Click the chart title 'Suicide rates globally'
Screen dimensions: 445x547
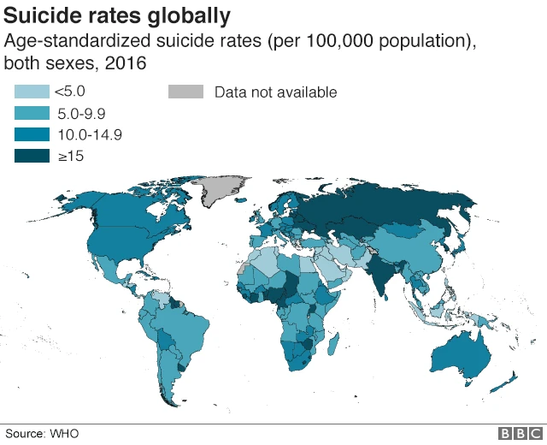coord(117,15)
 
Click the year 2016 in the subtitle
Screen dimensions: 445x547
coord(127,63)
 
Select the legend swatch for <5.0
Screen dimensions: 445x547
coord(31,92)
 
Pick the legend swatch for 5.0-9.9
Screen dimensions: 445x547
coord(31,113)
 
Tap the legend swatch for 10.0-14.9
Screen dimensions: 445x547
coord(31,134)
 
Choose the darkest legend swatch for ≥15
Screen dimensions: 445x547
coord(31,156)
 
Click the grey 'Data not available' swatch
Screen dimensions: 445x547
coord(185,92)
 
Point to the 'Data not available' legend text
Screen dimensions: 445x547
coord(275,92)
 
